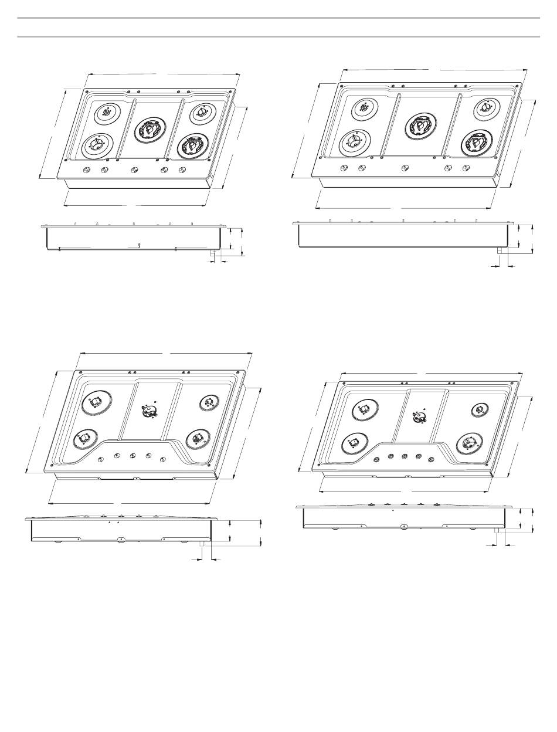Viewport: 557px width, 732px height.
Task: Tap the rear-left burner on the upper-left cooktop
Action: pos(107,113)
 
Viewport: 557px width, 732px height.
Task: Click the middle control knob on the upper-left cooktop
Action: pos(133,170)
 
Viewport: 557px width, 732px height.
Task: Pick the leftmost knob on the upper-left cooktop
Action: pos(87,170)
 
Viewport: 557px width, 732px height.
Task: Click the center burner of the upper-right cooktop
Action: pos(420,126)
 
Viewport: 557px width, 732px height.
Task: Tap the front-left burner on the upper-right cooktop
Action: pos(355,141)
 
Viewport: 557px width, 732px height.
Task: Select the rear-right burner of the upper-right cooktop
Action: pos(487,107)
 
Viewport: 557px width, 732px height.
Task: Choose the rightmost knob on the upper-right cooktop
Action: pos(466,168)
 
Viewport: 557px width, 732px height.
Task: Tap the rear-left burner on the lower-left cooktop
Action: pos(96,404)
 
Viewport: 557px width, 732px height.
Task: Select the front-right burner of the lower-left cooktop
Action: pos(195,438)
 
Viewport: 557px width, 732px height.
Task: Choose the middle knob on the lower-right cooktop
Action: pos(405,456)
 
